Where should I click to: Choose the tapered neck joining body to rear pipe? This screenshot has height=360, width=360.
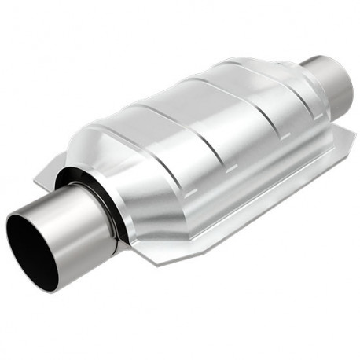pos(295,79)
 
